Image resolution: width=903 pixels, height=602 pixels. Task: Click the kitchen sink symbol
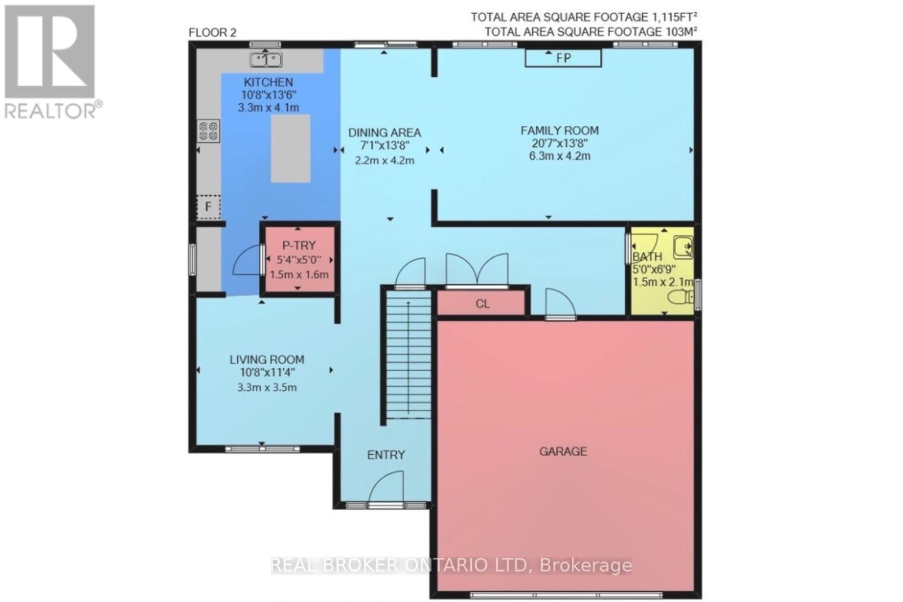click(x=266, y=58)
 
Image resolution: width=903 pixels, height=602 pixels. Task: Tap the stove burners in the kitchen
click(x=208, y=131)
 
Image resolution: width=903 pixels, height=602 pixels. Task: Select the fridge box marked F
click(x=208, y=207)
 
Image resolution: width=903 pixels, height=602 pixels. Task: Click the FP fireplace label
click(x=563, y=58)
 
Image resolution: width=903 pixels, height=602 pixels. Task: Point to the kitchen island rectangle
click(x=290, y=148)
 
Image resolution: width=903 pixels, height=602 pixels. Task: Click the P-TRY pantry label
click(x=299, y=245)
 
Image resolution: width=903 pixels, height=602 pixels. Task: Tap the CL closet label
click(x=482, y=304)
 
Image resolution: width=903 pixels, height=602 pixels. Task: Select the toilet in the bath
click(x=681, y=296)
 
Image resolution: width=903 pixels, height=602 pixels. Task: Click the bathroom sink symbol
click(x=683, y=247)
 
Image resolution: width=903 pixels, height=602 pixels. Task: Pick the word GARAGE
click(x=563, y=451)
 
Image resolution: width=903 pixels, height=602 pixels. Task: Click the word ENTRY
click(x=386, y=455)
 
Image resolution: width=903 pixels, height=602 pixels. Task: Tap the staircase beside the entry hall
click(x=408, y=358)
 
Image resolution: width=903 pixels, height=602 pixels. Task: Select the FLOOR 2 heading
click(x=212, y=33)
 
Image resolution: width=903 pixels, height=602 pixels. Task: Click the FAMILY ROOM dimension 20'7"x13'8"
click(x=559, y=143)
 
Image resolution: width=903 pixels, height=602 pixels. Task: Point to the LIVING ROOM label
click(x=266, y=359)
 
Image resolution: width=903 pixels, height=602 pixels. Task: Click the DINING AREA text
click(x=384, y=133)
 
